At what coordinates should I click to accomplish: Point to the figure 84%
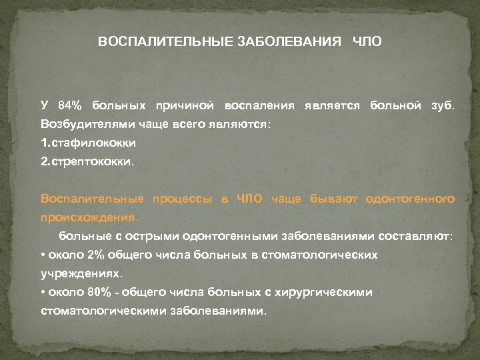[x=69, y=106]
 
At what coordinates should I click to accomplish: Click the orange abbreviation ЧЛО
[x=251, y=199]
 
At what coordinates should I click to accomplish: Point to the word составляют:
[x=415, y=236]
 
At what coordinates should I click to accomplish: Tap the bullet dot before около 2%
[x=43, y=255]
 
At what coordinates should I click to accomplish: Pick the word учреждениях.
[x=82, y=273]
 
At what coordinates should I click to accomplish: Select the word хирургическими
[x=323, y=292]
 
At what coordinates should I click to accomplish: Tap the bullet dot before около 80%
[x=43, y=292]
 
